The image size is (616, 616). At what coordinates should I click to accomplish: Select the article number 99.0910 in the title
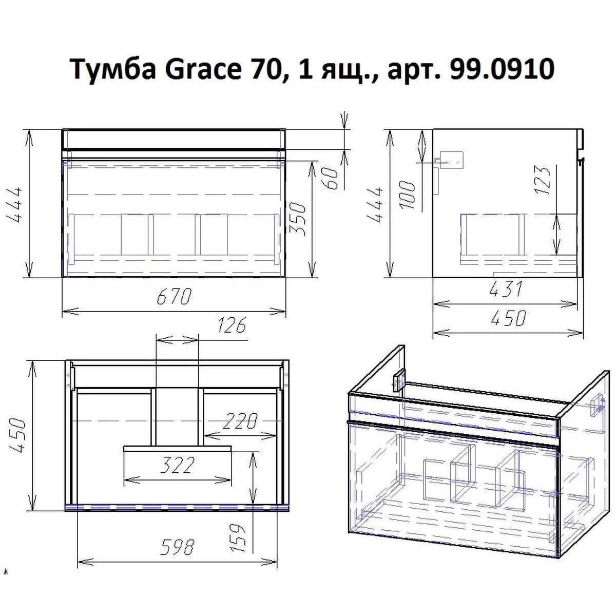coord(501,69)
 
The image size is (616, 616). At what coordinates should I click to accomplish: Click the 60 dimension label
coord(334,178)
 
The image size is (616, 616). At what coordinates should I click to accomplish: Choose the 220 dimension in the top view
coord(239,422)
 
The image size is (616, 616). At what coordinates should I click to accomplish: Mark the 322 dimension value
coord(177,466)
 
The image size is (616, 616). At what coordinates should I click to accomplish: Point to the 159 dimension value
coord(239,537)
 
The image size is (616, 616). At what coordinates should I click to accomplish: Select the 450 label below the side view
coord(508,318)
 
